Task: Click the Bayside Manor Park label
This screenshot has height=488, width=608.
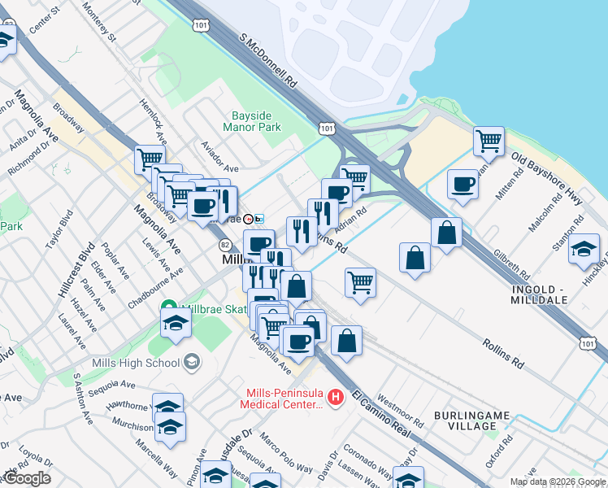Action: click(252, 121)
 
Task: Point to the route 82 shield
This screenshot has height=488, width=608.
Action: click(225, 245)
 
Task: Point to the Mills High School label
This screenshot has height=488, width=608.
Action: click(139, 362)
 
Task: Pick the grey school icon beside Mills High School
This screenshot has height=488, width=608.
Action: click(192, 362)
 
